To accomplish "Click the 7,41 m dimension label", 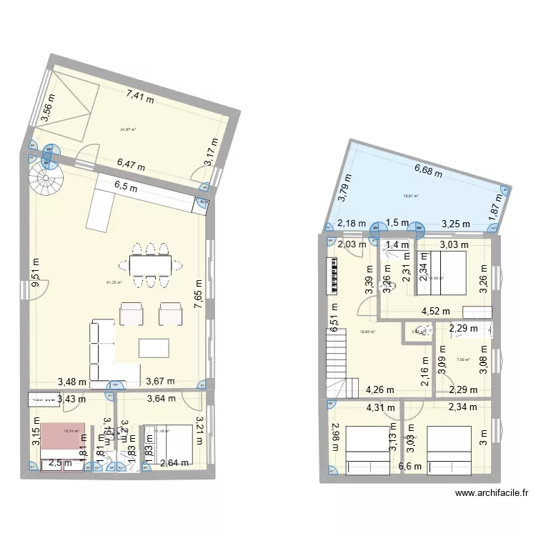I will click(x=140, y=96).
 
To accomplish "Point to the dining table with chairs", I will click(x=149, y=265).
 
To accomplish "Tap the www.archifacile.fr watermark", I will click(x=493, y=492).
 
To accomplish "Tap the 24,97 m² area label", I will click(x=129, y=129).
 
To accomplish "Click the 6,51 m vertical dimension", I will click(x=334, y=314).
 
